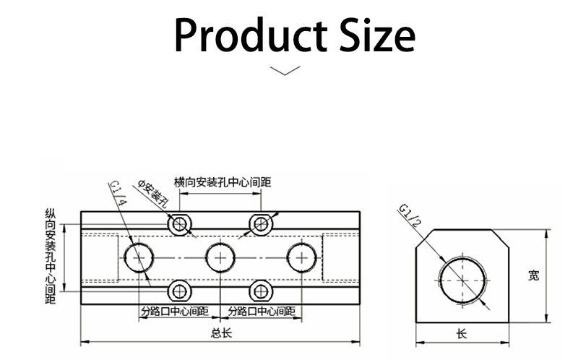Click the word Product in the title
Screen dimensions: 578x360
(251, 35)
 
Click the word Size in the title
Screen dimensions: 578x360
(377, 35)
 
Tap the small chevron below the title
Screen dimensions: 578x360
(285, 70)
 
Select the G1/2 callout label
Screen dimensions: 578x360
(410, 215)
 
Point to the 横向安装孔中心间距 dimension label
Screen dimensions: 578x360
(223, 182)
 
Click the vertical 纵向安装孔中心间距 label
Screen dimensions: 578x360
(51, 256)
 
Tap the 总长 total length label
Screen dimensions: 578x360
(221, 333)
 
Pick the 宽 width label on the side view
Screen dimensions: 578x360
(533, 275)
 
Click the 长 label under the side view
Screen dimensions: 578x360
(462, 334)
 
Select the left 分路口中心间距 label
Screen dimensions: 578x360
(175, 312)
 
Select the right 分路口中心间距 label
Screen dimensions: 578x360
(262, 312)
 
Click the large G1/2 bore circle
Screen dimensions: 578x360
(439, 280)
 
